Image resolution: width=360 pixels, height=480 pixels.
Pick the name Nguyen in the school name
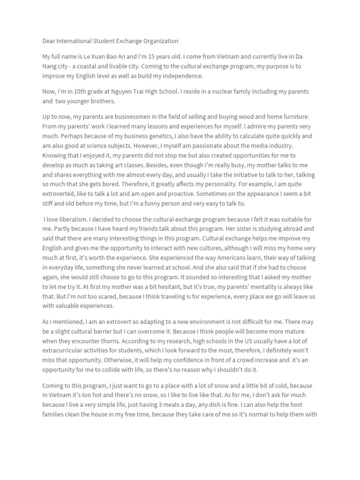pos(117,91)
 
